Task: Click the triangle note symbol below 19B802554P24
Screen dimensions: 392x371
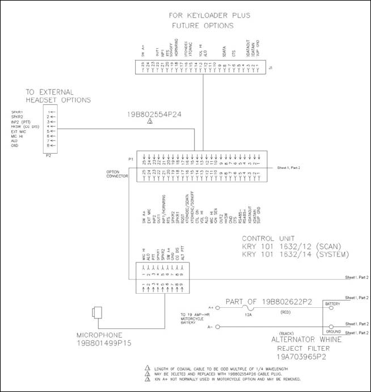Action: [x=150, y=121]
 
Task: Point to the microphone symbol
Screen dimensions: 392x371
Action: [x=96, y=312]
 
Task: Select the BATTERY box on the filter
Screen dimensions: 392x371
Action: [x=332, y=304]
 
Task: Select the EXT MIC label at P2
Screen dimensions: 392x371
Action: [x=19, y=131]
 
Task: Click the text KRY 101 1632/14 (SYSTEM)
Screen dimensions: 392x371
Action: [x=296, y=254]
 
